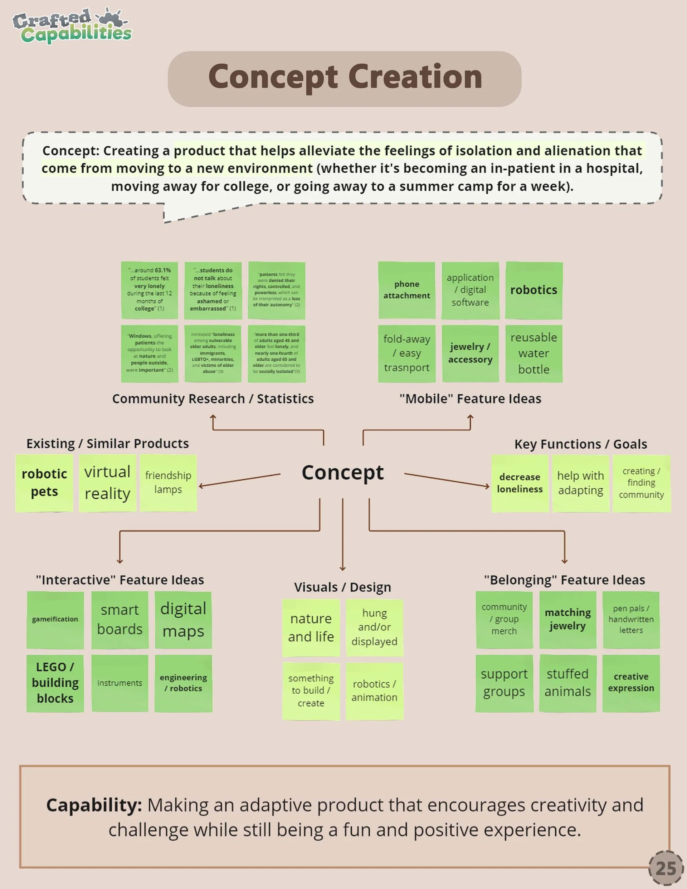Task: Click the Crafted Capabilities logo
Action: (72, 26)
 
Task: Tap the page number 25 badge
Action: (666, 868)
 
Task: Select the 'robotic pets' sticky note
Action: (44, 483)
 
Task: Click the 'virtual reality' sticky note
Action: (107, 483)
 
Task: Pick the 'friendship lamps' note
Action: (168, 483)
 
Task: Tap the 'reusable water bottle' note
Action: (533, 353)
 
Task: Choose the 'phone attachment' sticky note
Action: (406, 290)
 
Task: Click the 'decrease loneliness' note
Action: (520, 483)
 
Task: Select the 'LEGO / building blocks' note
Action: (55, 683)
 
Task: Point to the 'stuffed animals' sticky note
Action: (568, 683)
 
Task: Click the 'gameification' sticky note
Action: (55, 620)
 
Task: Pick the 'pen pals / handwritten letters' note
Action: (631, 620)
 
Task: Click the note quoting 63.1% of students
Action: (150, 290)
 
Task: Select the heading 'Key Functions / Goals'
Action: (580, 444)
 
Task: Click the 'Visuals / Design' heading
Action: (342, 587)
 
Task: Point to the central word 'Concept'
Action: (342, 473)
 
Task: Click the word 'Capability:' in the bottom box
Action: (94, 805)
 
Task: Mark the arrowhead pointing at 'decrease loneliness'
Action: (487, 486)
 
